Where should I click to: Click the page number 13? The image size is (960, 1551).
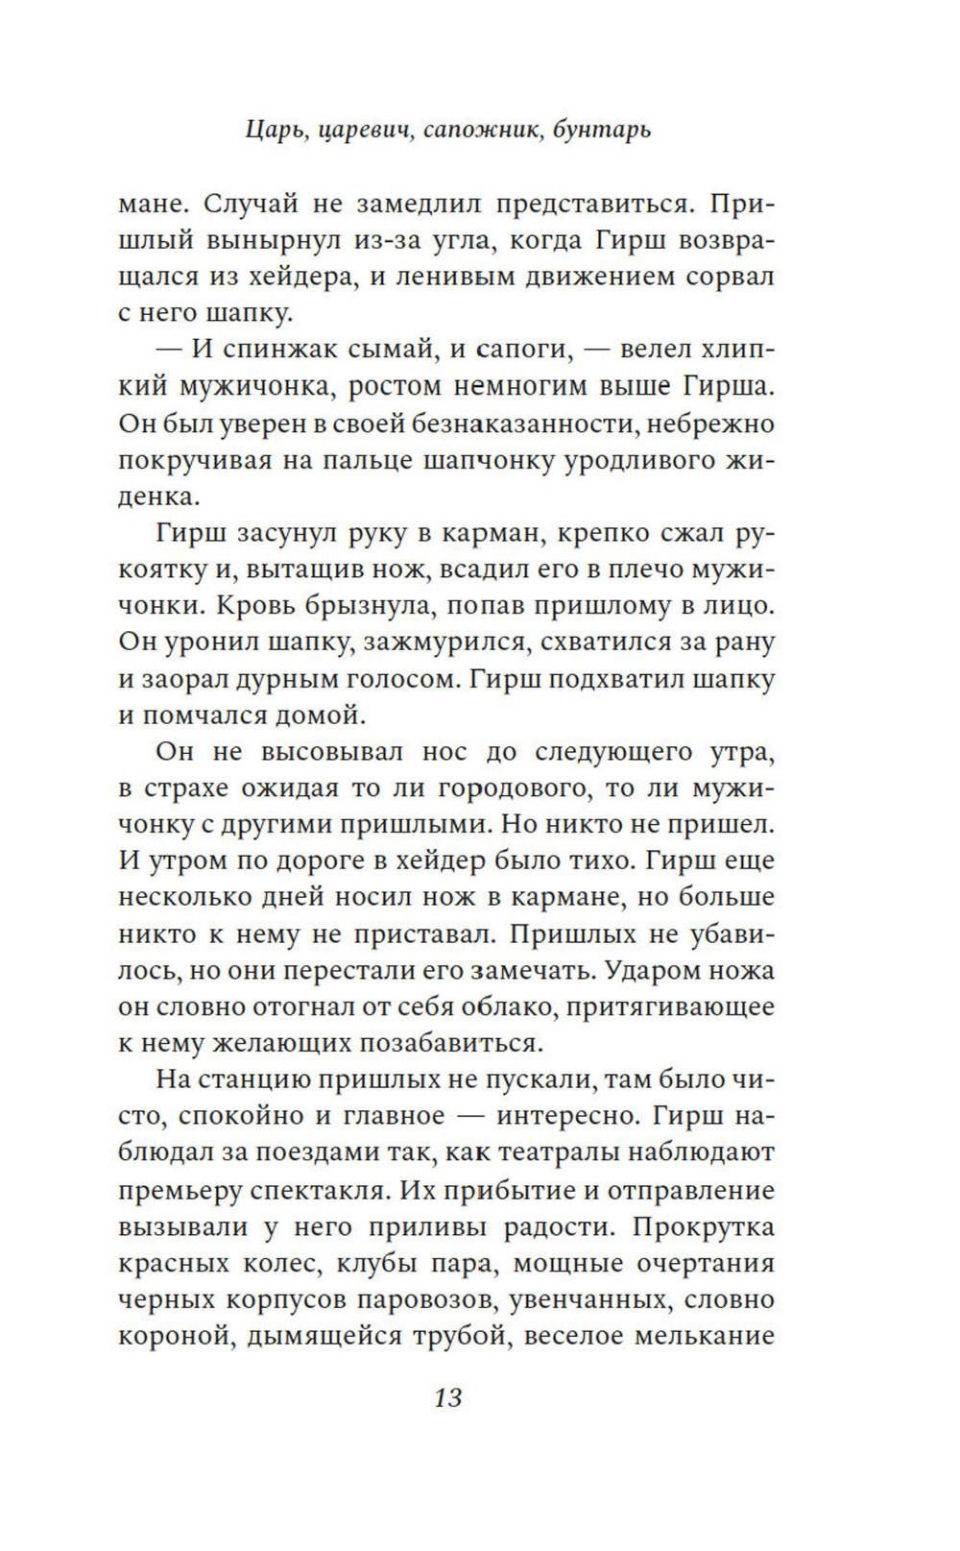(x=448, y=1397)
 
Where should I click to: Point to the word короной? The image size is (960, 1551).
(x=173, y=1337)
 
